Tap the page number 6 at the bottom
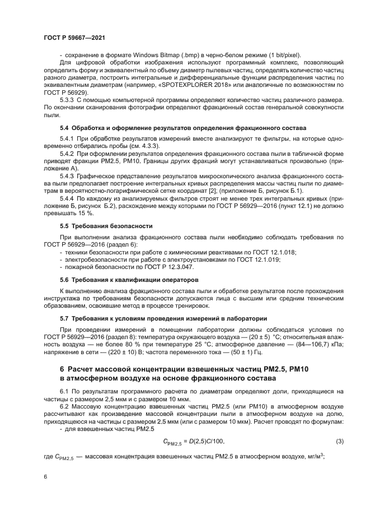[x=45, y=476]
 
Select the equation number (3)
[x=339, y=442]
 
